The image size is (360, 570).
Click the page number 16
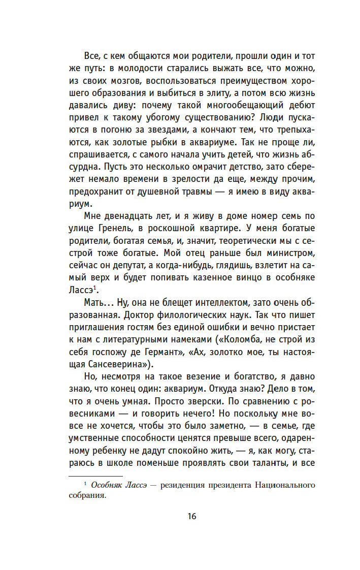coord(191,516)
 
